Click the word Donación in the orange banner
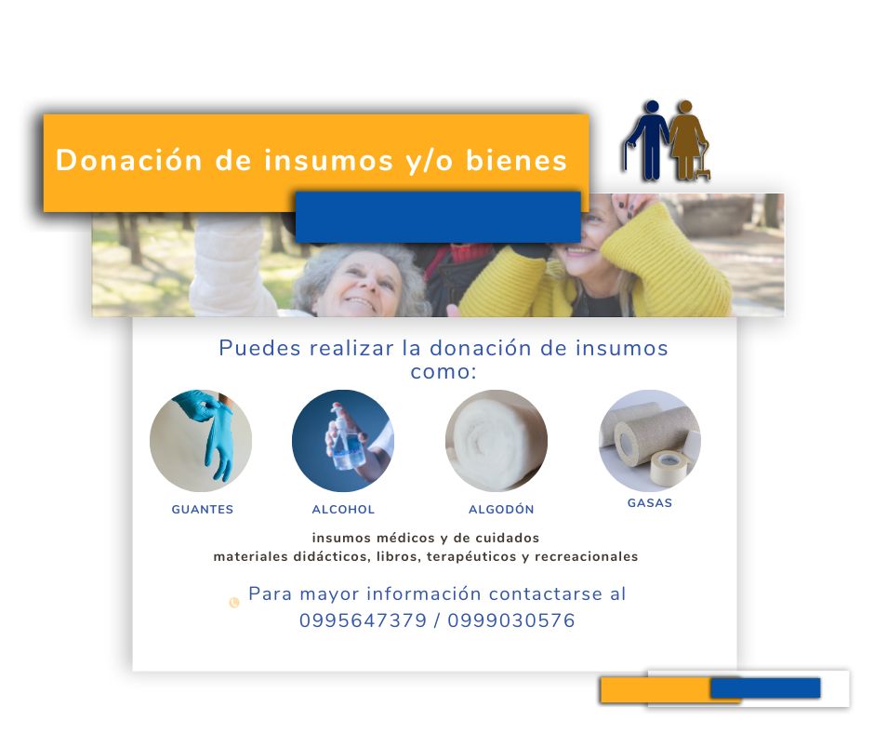coord(128,160)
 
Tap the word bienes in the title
coord(516,160)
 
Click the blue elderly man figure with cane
coord(646,140)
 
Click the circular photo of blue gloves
coord(201,441)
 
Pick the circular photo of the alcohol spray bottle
coord(343,441)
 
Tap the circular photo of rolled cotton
coord(497,441)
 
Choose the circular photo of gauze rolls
coord(649,441)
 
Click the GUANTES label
coord(203,510)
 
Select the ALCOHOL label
coord(343,510)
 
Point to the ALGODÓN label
coord(501,509)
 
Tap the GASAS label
coord(650,502)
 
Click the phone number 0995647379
coord(363,620)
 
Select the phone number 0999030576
coord(511,620)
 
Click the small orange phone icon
coord(234,602)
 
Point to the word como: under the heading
coord(444,372)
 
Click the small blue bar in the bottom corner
coord(764,687)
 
